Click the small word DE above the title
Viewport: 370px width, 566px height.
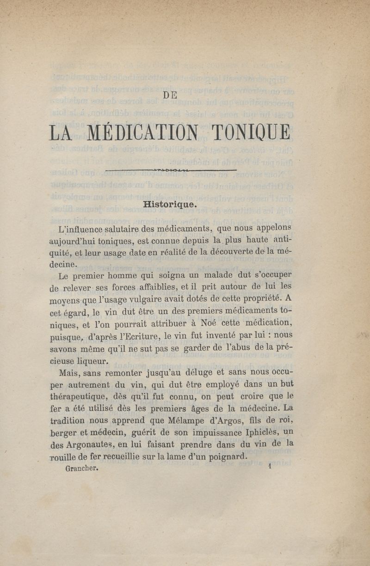(171, 96)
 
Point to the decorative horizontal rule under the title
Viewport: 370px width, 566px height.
(171, 170)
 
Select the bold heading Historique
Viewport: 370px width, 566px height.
(170, 204)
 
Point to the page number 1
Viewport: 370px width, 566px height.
(269, 467)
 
